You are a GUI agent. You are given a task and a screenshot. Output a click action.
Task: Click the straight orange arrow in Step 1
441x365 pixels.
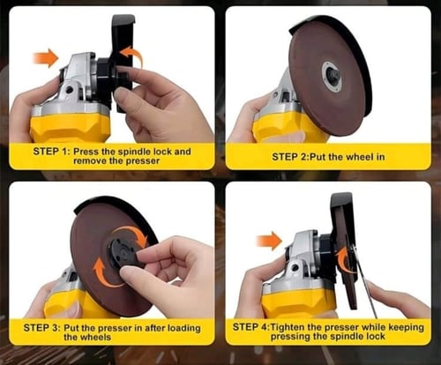point(46,58)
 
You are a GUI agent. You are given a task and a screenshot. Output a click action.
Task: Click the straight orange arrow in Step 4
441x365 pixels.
point(269,241)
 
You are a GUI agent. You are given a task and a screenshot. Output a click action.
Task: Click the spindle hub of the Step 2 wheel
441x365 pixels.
point(332,76)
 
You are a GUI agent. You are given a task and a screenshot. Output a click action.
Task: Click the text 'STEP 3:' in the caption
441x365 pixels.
point(42,327)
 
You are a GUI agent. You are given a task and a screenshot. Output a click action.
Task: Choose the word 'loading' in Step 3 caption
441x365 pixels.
point(184,328)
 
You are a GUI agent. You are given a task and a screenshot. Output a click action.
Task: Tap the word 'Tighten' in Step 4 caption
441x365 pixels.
point(287,327)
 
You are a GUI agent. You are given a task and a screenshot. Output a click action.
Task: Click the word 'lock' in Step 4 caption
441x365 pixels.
point(374,336)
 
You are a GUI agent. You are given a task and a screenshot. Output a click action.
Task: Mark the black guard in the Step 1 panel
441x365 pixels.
point(121,63)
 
